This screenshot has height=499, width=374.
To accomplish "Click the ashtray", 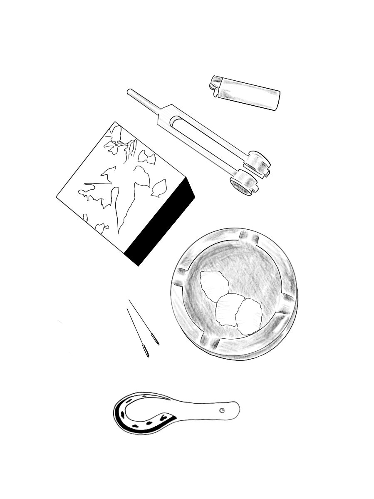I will pos(234,293).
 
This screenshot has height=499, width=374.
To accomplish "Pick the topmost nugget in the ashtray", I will pos(214,285).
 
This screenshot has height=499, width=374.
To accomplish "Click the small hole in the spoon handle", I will pos(222,410).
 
